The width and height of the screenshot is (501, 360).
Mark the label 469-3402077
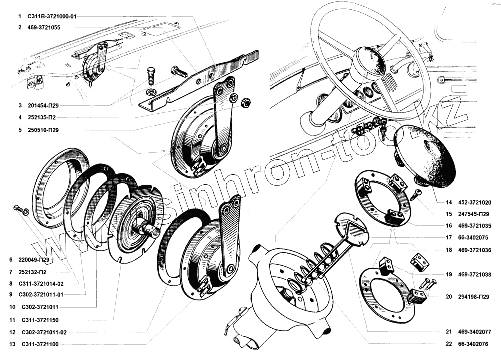473,331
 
